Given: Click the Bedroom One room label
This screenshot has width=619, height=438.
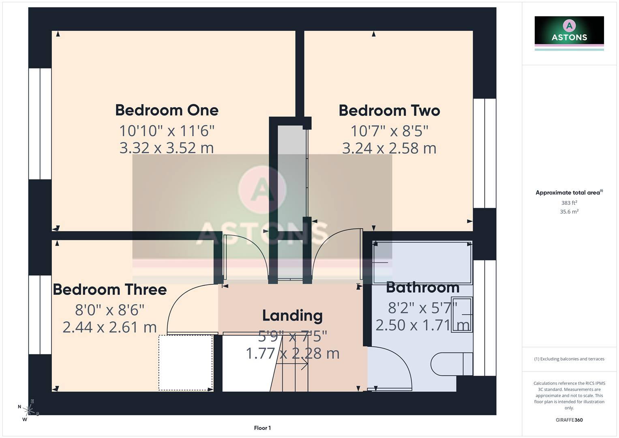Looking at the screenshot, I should pos(167,110).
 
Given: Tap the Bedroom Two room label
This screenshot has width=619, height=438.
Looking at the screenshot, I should pos(389,111).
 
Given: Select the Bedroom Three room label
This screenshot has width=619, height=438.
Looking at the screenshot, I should pos(110,290).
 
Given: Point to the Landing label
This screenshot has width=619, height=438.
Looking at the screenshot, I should pos(292,316).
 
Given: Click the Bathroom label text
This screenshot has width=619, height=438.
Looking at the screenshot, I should pos(422,288).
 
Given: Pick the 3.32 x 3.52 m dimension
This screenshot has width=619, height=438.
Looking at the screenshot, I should pos(166,148).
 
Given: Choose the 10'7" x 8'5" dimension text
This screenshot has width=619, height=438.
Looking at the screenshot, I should pos(389,131).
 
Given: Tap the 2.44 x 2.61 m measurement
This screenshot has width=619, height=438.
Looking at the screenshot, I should pos(109,327).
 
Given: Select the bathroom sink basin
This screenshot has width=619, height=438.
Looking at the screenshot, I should pos(462,315).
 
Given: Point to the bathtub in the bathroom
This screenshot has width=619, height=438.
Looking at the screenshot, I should pos(422,263).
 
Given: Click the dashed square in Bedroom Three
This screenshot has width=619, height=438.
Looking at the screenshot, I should pos(186,363).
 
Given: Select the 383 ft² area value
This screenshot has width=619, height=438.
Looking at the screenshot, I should pos(569,203).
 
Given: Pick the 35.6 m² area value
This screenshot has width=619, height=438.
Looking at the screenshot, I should pos(569,212).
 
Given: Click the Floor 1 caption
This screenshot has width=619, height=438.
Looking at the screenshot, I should pos(262,428).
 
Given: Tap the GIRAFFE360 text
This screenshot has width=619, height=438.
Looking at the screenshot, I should pos(569,420).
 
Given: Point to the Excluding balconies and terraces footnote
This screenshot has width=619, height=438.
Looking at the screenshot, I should pos(569,359).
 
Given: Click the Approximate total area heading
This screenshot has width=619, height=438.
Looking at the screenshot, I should pos(568,193).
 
